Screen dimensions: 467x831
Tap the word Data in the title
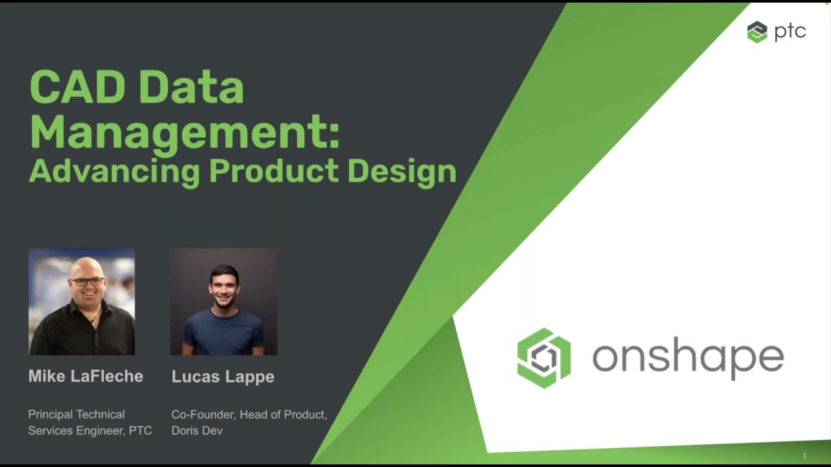click(x=192, y=88)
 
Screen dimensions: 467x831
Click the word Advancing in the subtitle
click(x=114, y=172)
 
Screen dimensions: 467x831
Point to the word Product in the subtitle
click(x=273, y=171)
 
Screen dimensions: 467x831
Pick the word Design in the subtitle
click(x=401, y=172)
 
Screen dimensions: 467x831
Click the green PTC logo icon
click(x=757, y=32)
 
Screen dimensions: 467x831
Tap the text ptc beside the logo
click(x=790, y=32)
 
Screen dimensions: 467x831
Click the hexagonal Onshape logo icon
click(x=544, y=358)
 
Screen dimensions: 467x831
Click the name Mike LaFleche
click(x=86, y=376)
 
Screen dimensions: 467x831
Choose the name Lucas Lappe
click(x=223, y=377)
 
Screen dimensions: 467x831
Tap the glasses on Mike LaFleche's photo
click(x=88, y=281)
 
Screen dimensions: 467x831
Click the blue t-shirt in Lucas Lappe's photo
click(x=223, y=332)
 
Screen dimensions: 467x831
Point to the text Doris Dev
click(x=197, y=431)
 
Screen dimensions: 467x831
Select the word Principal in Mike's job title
click(x=52, y=414)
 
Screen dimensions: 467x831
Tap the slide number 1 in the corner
click(x=804, y=456)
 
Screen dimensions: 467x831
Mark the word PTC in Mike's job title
click(x=140, y=431)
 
